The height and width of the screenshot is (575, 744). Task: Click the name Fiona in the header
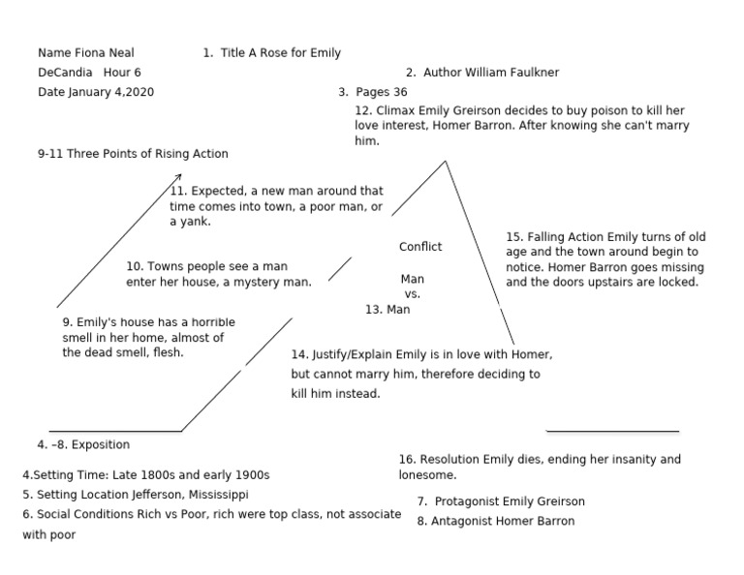tap(86, 52)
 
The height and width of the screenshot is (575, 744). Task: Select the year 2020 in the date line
tap(139, 92)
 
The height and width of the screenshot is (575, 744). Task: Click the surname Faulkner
tap(527, 73)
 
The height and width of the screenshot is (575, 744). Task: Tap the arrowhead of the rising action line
tap(179, 175)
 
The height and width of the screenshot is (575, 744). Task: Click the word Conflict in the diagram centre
tap(420, 247)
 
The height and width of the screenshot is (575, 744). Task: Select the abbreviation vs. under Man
tap(412, 293)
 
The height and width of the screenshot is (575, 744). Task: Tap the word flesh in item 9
tap(168, 353)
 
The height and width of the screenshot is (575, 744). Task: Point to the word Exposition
tap(101, 445)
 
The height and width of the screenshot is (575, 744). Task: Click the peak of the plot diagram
tap(446, 162)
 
